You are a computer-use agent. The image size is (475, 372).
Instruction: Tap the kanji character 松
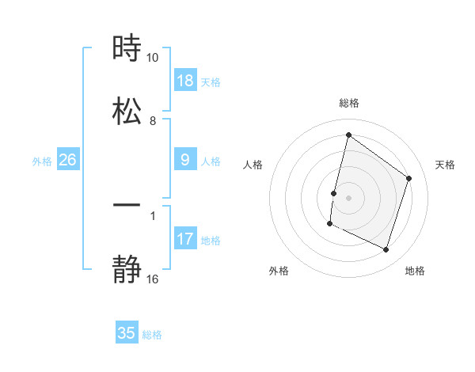click(x=127, y=111)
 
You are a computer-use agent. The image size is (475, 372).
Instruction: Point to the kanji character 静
click(x=127, y=271)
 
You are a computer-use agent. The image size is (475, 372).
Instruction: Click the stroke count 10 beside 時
click(x=153, y=58)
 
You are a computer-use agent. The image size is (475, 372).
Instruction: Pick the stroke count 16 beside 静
click(x=153, y=279)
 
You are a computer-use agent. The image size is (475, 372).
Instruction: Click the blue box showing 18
click(x=185, y=81)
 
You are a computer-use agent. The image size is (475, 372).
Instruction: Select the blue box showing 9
click(x=185, y=161)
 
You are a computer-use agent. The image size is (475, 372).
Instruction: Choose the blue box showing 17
click(x=185, y=239)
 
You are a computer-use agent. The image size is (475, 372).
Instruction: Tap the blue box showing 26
click(x=67, y=160)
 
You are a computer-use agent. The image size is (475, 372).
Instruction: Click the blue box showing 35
click(x=127, y=333)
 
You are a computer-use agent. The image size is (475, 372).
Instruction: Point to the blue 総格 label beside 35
click(x=152, y=335)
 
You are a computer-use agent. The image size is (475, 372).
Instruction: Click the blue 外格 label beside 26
click(x=42, y=161)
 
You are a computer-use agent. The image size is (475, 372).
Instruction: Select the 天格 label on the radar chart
click(x=446, y=165)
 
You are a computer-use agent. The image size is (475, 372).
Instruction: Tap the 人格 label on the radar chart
click(x=253, y=165)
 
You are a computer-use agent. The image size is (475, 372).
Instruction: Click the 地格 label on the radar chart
click(x=415, y=271)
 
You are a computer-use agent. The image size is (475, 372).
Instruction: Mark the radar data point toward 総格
click(x=348, y=135)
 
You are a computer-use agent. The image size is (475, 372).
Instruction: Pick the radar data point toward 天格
click(x=409, y=178)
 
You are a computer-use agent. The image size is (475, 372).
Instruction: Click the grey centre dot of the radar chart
click(x=348, y=197)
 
